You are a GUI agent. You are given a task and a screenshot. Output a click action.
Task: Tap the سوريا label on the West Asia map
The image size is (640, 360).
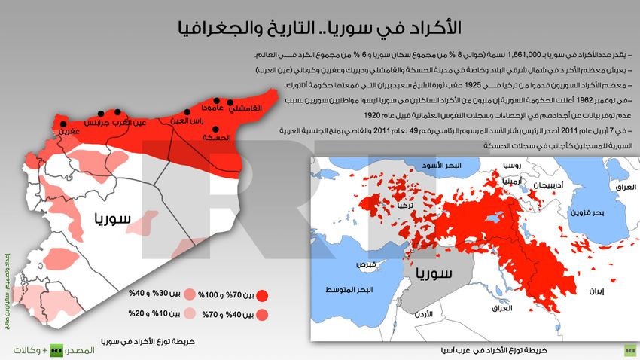[431, 272]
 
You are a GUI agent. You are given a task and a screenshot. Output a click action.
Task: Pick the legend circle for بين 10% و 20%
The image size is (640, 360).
[189, 312]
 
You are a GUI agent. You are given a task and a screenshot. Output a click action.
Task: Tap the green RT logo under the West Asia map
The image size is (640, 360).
[629, 350]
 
